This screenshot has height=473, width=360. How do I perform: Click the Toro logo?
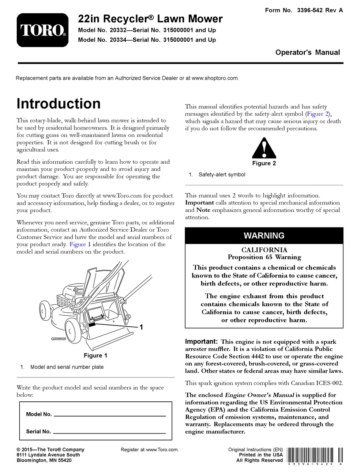click(42, 30)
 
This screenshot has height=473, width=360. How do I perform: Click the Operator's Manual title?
click(307, 53)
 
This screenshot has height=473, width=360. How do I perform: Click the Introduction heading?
click(59, 104)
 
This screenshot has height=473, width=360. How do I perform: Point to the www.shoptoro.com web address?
click(215, 78)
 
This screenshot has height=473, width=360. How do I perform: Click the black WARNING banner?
click(264, 235)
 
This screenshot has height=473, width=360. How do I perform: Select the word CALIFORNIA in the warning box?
click(264, 250)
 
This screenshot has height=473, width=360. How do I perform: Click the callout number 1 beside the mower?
click(141, 327)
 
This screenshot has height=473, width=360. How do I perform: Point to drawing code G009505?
click(59, 339)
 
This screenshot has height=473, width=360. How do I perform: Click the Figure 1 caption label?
click(95, 356)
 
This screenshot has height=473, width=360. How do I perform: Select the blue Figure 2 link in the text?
click(318, 114)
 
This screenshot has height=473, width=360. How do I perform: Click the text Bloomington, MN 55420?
click(44, 460)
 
